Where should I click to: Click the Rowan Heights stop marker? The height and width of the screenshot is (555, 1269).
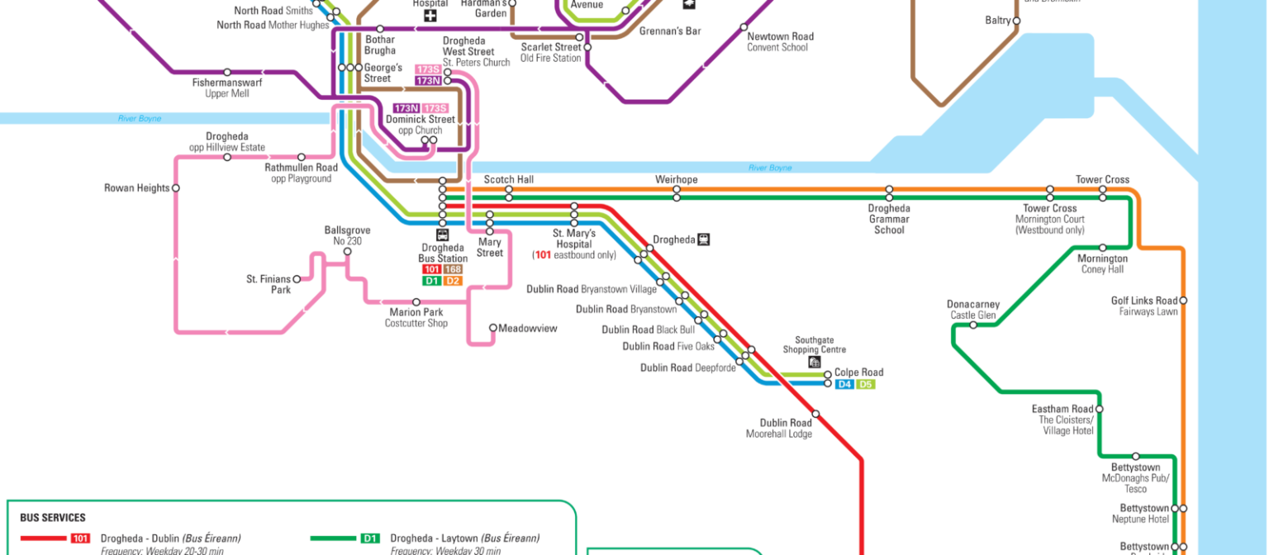pyautogui.click(x=175, y=188)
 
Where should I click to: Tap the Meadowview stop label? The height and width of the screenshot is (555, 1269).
pyautogui.click(x=527, y=329)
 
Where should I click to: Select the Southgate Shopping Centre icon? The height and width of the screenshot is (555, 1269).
pyautogui.click(x=815, y=362)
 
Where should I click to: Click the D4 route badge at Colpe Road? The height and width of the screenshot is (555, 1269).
pyautogui.click(x=844, y=385)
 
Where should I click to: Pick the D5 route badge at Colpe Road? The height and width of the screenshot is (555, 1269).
pyautogui.click(x=865, y=385)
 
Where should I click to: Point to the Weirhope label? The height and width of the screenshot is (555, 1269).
pyautogui.click(x=676, y=179)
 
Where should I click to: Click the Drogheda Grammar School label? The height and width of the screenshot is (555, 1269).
pyautogui.click(x=889, y=219)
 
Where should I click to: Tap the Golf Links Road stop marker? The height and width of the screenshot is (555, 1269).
pyautogui.click(x=1183, y=301)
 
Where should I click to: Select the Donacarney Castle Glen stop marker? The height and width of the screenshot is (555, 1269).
pyautogui.click(x=973, y=325)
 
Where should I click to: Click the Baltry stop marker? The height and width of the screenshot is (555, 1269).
pyautogui.click(x=1016, y=20)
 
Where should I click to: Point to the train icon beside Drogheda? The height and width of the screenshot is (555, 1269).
pyautogui.click(x=703, y=240)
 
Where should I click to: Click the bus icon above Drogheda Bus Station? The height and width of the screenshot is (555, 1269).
pyautogui.click(x=442, y=235)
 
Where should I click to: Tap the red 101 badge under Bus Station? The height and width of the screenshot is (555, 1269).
pyautogui.click(x=431, y=269)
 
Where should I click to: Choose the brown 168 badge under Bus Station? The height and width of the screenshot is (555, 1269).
pyautogui.click(x=453, y=269)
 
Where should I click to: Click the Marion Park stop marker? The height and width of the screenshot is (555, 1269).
pyautogui.click(x=416, y=302)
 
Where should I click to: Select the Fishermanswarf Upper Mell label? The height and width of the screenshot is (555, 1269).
pyautogui.click(x=227, y=88)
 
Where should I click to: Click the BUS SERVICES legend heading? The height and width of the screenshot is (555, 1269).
pyautogui.click(x=53, y=518)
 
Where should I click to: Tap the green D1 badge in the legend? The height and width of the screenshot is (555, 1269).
pyautogui.click(x=371, y=538)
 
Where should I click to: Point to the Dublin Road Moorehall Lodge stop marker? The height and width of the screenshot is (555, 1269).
pyautogui.click(x=815, y=414)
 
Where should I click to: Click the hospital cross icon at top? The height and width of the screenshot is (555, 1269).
pyautogui.click(x=430, y=15)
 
